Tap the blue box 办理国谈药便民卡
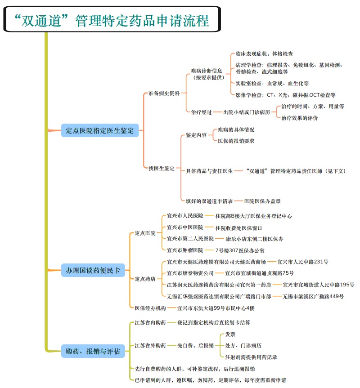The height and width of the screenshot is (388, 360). [x=94, y=271]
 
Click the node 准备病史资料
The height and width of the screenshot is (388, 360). [x=164, y=94]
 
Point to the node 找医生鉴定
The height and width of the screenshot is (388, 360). [x=162, y=168]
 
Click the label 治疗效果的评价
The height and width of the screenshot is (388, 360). [x=299, y=118]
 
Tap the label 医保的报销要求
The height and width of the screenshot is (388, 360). [x=236, y=141]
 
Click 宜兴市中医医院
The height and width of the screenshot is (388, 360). [x=185, y=227]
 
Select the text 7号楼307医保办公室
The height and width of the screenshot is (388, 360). [x=240, y=250]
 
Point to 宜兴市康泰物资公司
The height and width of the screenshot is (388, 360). [x=190, y=273]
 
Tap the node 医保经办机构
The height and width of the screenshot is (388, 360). [x=150, y=308]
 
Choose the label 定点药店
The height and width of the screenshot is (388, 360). [x=145, y=279]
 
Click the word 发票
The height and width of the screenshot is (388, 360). [x=230, y=334]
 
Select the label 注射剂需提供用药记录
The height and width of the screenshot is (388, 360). [x=251, y=357]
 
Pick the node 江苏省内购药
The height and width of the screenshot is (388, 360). [x=150, y=322]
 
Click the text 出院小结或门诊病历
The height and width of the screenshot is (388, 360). [x=247, y=112]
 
